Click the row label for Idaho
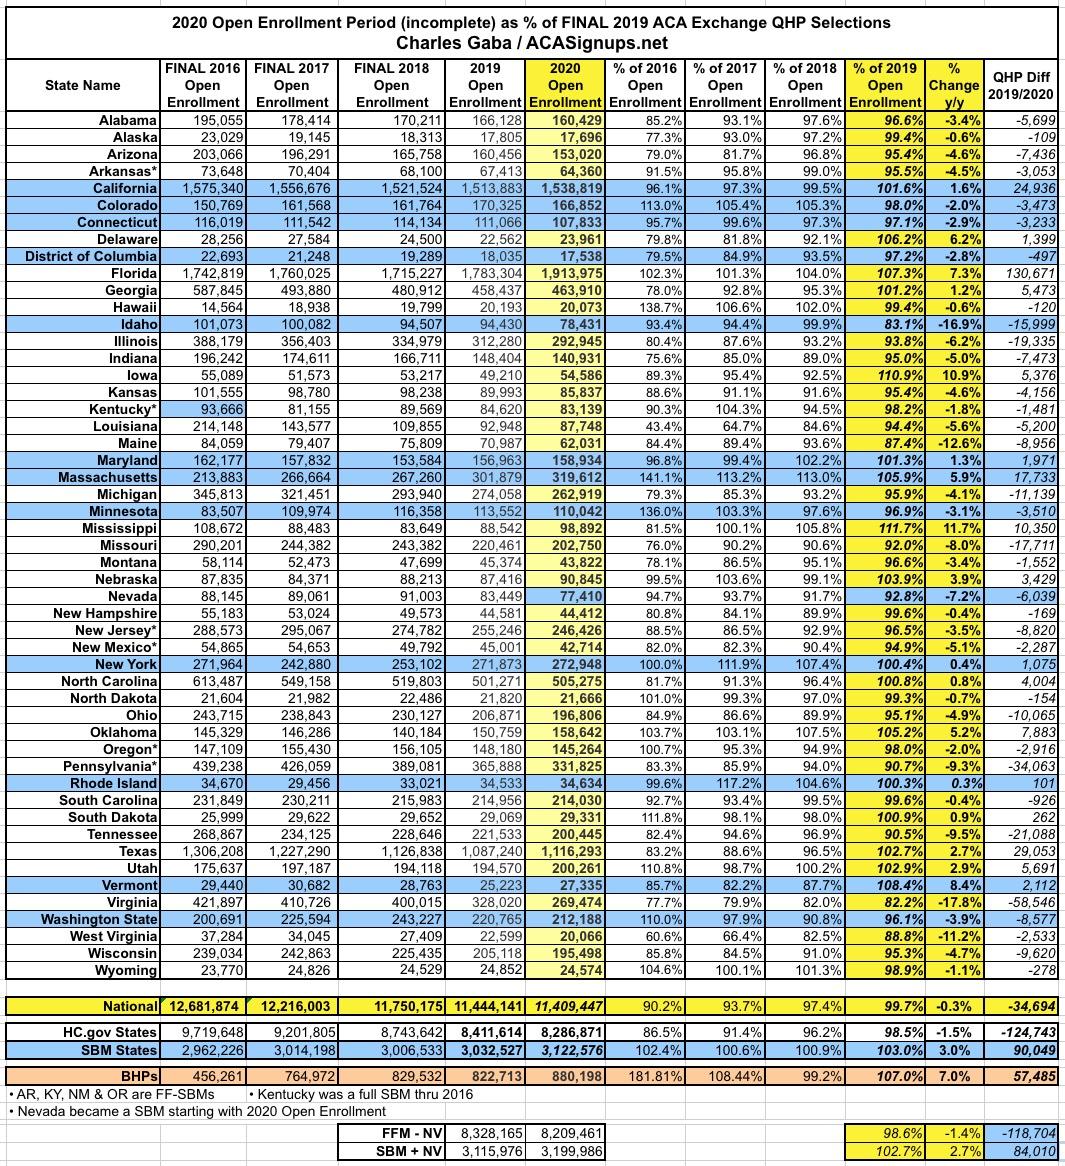click(x=139, y=324)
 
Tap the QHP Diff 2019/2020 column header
click(x=1020, y=85)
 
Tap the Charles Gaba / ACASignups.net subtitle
click(x=531, y=43)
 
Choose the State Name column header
click(x=83, y=85)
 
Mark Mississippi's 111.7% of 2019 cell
click(x=887, y=528)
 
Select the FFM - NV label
click(x=400, y=1133)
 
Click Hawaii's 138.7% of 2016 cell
click(x=646, y=307)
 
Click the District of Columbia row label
click(x=86, y=256)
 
